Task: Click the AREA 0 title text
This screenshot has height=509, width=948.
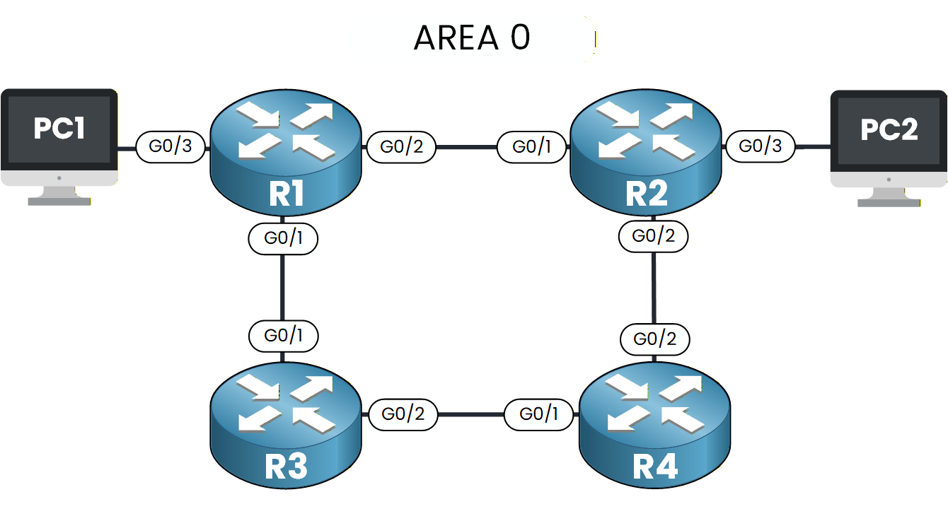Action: (x=472, y=38)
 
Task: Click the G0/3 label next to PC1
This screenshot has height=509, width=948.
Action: (x=170, y=147)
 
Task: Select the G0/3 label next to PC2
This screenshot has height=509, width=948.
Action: (x=761, y=146)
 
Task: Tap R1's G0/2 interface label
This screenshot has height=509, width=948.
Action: (x=401, y=147)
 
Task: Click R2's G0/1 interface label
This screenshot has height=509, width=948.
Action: (x=533, y=147)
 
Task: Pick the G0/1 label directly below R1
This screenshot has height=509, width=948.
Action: (x=283, y=239)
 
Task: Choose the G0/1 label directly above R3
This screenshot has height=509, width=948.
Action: (x=283, y=336)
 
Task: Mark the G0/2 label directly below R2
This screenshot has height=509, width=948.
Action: (x=653, y=236)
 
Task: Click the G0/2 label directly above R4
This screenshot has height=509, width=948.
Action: (x=654, y=339)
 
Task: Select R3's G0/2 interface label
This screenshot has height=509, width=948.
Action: (x=403, y=414)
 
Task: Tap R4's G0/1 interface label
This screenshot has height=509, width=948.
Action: (x=540, y=414)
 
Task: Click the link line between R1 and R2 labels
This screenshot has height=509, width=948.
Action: (x=467, y=147)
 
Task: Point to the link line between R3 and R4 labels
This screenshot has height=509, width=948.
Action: (x=471, y=414)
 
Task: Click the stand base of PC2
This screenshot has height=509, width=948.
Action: (x=889, y=201)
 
